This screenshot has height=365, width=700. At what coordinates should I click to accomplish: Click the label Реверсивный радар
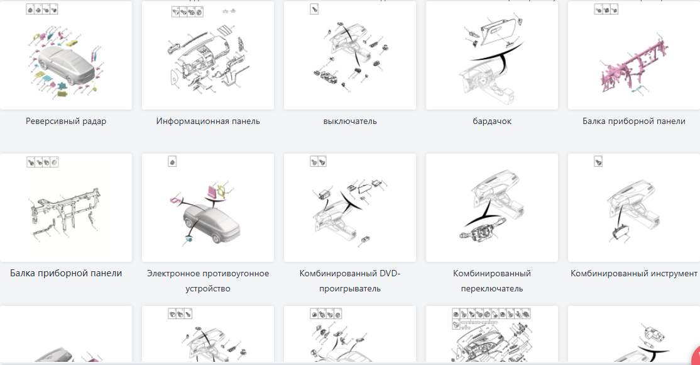(66, 121)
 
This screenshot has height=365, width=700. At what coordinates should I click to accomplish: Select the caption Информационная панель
(208, 121)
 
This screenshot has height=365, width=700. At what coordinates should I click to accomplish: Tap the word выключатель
(350, 121)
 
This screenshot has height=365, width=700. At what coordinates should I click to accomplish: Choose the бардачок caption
(492, 121)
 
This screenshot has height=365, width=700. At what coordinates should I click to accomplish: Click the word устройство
(208, 288)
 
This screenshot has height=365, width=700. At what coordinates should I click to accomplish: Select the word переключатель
(492, 288)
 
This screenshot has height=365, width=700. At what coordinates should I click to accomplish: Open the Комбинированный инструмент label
(634, 273)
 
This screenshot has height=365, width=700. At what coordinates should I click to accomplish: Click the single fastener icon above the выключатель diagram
(314, 9)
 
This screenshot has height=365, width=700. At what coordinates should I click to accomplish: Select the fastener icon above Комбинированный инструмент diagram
(599, 162)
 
